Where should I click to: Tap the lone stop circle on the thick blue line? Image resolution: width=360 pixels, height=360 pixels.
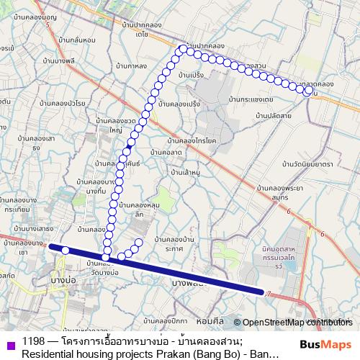click(x=66, y=250)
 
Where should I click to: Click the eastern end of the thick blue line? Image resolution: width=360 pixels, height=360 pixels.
click(x=262, y=291)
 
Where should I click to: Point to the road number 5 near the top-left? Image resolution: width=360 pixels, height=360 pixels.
click(x=48, y=24)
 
